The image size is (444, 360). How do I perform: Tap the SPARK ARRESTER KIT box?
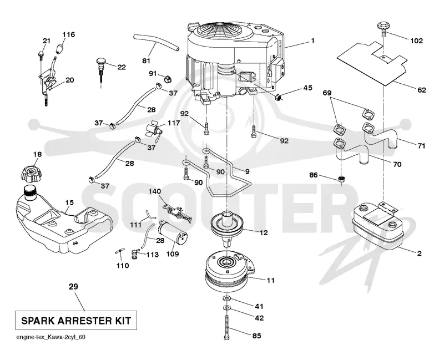[76, 321]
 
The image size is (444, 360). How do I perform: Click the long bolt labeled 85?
[226, 327]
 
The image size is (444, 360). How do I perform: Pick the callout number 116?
[68, 34]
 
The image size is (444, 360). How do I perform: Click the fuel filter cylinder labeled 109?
[172, 231]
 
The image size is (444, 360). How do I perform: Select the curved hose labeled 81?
[157, 43]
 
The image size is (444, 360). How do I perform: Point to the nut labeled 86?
[341, 179]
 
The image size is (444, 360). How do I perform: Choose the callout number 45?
[307, 88]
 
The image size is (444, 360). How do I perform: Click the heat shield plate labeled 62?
[372, 62]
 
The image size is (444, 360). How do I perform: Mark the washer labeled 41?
[226, 298]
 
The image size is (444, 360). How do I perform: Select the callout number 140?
[155, 191]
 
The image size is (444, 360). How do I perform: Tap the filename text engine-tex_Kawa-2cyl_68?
[51, 337]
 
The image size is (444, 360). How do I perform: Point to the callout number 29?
[73, 287]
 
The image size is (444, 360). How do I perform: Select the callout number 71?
[421, 146]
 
